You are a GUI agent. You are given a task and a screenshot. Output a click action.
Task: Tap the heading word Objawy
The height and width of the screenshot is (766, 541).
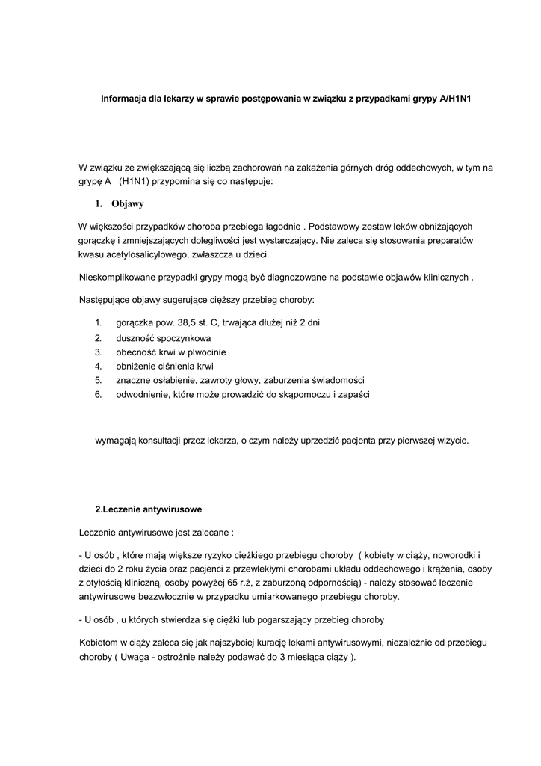click(x=128, y=203)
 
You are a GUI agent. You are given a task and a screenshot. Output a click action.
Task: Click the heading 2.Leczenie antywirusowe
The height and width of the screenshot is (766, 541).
click(x=148, y=510)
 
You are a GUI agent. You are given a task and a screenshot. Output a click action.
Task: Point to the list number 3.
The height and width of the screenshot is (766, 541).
click(x=98, y=352)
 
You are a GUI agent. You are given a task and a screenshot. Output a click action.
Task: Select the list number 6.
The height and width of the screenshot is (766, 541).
click(x=98, y=394)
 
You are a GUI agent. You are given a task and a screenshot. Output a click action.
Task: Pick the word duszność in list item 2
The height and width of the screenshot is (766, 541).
click(x=135, y=337)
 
